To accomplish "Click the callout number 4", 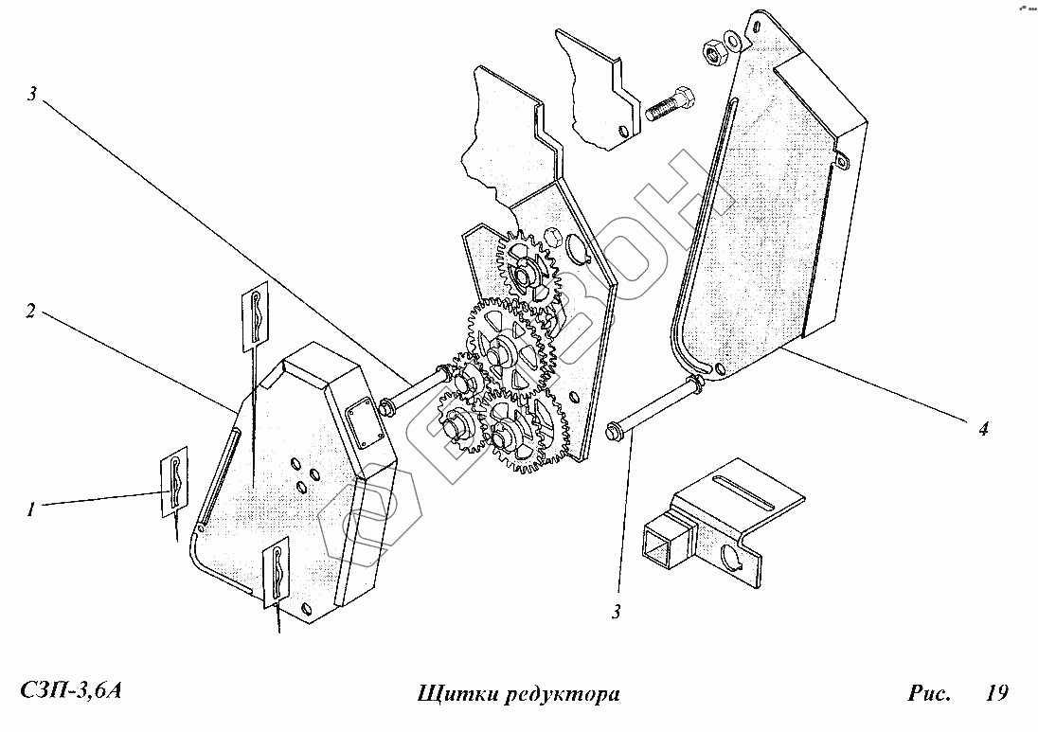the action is pos(983,429).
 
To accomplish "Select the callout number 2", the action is pos(30,312).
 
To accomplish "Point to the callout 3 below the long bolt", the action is pos(616,613).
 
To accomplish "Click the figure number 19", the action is pos(995,693).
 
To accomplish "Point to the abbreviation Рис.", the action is pos(930,693).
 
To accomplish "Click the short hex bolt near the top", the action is pos(671,106).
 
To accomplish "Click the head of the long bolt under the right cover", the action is pos(614,433).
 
